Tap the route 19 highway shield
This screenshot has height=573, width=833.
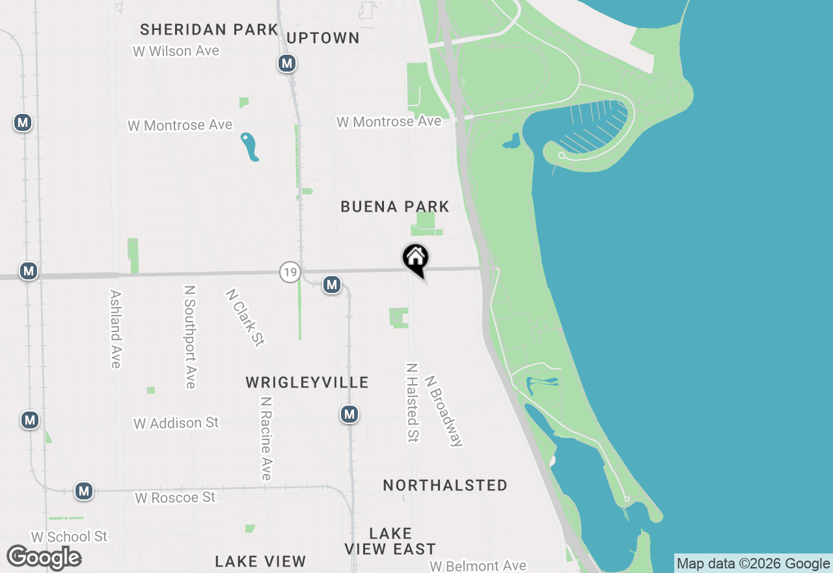point(290,272)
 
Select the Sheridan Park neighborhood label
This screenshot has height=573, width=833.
point(209,29)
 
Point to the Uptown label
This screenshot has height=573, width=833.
point(323,38)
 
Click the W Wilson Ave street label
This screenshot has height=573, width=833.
point(176,51)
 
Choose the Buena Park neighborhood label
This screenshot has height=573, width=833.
point(395,206)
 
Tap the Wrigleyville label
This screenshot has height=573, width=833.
point(307,382)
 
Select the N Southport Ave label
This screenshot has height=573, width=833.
point(190,337)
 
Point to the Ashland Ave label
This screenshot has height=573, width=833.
point(116,329)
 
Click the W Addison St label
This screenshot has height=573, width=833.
point(176,423)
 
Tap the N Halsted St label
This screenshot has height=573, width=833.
point(412,402)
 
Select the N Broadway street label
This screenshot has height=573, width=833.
point(444,410)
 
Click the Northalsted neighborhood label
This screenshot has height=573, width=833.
point(445,485)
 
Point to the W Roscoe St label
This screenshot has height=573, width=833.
point(175,497)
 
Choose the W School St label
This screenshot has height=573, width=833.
point(69,537)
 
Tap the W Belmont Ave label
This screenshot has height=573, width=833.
point(478,566)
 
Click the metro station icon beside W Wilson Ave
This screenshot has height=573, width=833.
point(286,63)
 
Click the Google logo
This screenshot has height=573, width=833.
point(44,557)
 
